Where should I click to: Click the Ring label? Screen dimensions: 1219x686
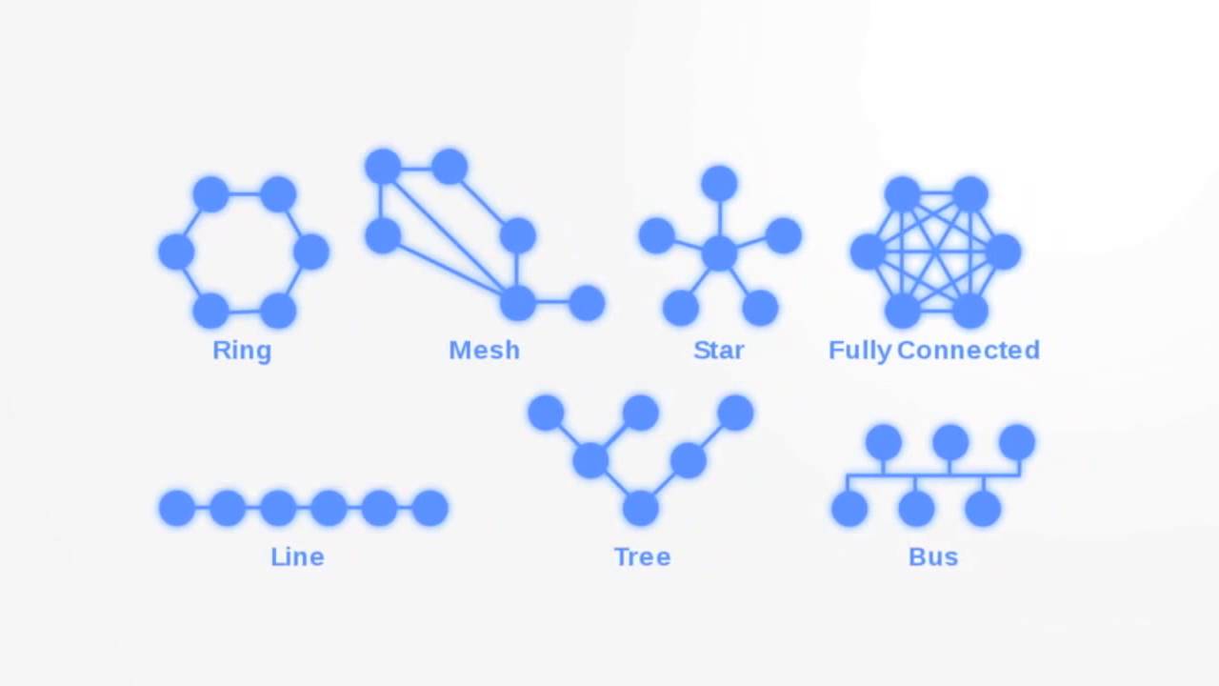242,351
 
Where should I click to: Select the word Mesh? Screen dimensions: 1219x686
484,351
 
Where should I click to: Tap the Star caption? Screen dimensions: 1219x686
718,351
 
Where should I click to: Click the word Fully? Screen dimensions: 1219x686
859,351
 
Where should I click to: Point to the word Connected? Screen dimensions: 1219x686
968,351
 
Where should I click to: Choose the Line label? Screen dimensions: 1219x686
297,556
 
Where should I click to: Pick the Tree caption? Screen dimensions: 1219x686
642,556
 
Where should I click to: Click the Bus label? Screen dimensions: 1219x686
932,556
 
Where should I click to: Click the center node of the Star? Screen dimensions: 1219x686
719,252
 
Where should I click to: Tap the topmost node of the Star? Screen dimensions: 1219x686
719,184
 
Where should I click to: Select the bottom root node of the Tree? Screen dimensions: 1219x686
641,508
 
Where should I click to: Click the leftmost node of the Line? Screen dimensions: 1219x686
177,508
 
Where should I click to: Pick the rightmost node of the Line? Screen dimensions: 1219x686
430,508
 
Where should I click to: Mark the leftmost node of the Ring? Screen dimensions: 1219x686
176,252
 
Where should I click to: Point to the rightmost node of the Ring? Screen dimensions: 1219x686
311,252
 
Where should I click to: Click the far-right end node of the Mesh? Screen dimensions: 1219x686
587,303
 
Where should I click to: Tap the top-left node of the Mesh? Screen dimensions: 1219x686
383,167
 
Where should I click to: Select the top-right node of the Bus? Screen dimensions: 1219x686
1017,442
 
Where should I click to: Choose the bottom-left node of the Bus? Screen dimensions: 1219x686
849,508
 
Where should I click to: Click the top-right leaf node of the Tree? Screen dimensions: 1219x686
735,413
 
